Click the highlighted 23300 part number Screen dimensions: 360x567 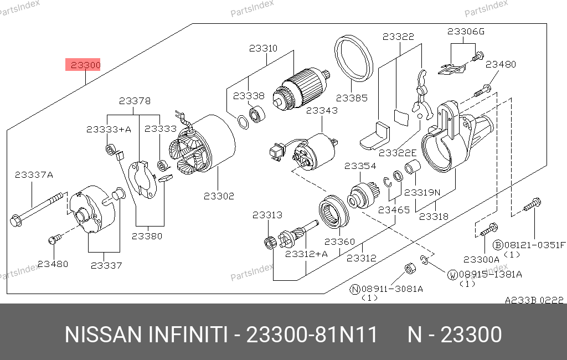[x=84, y=65]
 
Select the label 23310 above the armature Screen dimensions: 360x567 [x=263, y=48]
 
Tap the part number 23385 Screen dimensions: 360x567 [x=352, y=98]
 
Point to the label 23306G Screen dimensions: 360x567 [x=466, y=32]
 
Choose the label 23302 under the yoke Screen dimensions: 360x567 [x=219, y=196]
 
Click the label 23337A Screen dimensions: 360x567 [x=34, y=175]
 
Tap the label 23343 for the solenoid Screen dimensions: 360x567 [x=322, y=111]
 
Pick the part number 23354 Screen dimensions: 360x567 [x=360, y=166]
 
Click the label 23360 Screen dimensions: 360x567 [x=339, y=241]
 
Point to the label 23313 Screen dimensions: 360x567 [x=267, y=215]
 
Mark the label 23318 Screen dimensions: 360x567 [x=434, y=217]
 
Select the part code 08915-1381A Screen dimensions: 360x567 [x=489, y=274]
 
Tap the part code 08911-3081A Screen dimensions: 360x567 [x=391, y=289]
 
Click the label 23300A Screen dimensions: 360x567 [x=481, y=259]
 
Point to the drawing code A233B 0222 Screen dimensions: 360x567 [x=534, y=300]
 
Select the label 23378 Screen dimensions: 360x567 [x=135, y=101]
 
